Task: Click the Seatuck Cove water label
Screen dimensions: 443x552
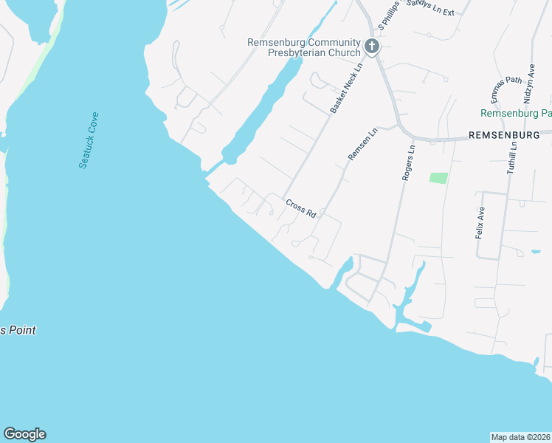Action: pyautogui.click(x=89, y=140)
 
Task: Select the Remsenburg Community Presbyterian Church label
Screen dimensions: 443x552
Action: pyautogui.click(x=304, y=48)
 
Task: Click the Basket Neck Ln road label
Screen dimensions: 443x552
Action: pyautogui.click(x=348, y=87)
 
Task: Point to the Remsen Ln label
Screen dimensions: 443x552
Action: pyautogui.click(x=362, y=145)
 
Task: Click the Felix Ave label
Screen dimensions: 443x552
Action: pyautogui.click(x=480, y=221)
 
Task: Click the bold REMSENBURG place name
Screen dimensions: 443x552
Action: pyautogui.click(x=509, y=136)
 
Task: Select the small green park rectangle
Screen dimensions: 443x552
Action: pyautogui.click(x=438, y=178)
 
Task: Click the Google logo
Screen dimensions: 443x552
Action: pyautogui.click(x=24, y=434)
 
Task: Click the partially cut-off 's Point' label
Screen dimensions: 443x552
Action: pyautogui.click(x=18, y=330)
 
